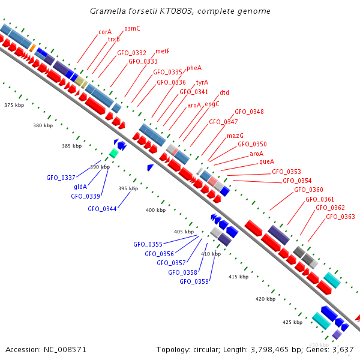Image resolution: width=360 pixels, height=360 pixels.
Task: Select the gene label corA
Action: point(105,32)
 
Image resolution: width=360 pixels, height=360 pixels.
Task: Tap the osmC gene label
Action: point(132,28)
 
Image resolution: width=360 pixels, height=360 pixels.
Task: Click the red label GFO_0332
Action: point(131,53)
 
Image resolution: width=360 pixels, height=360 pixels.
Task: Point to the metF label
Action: point(163,52)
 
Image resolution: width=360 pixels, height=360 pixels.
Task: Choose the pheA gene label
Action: point(194,68)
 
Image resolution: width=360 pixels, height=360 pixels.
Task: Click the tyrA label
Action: point(202,82)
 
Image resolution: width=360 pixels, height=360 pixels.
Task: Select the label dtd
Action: point(224,93)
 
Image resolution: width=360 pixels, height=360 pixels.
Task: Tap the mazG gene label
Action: point(235,136)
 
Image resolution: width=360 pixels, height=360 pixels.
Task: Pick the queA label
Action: point(267,162)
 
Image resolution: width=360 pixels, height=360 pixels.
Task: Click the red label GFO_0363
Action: point(340,217)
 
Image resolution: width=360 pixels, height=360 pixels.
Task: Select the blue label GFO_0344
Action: point(102,209)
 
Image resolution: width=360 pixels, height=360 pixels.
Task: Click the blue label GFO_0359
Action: point(194,281)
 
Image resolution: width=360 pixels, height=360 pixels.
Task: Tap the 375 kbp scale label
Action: point(14,105)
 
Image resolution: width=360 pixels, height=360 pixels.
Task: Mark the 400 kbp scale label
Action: point(156,210)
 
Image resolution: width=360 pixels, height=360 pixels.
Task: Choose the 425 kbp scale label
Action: point(292,322)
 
